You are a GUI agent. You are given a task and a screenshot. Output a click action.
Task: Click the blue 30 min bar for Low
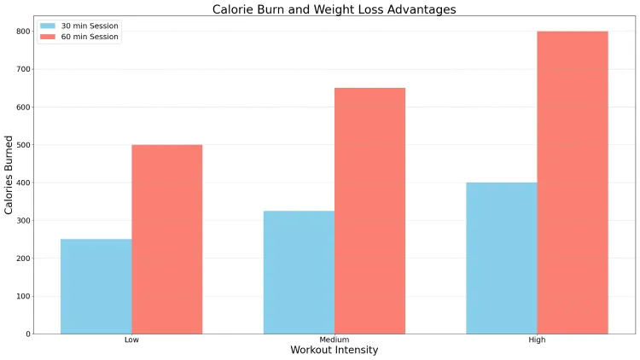(x=96, y=287)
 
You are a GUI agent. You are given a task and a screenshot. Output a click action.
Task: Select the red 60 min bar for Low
(x=166, y=239)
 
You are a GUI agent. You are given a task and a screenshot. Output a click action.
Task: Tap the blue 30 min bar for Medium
(x=299, y=272)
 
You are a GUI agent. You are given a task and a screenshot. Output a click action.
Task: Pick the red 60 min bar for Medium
(x=369, y=211)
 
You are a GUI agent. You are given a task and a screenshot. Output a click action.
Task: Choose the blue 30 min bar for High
(x=502, y=258)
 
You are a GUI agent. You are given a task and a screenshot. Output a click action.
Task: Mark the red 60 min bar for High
(x=573, y=183)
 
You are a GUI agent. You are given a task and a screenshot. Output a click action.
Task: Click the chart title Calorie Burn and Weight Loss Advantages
(x=334, y=9)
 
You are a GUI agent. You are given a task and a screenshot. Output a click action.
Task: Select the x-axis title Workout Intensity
(x=334, y=350)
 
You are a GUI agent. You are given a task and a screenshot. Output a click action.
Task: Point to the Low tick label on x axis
(x=131, y=340)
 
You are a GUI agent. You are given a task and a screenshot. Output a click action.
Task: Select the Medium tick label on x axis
(x=335, y=340)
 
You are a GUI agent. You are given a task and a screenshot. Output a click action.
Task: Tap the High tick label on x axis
(x=537, y=340)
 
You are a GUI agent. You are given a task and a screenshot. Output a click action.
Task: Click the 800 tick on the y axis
(x=21, y=32)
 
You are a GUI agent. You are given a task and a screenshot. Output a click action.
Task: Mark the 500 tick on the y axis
(x=21, y=145)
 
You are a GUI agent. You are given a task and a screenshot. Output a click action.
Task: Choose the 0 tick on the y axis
(x=26, y=334)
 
